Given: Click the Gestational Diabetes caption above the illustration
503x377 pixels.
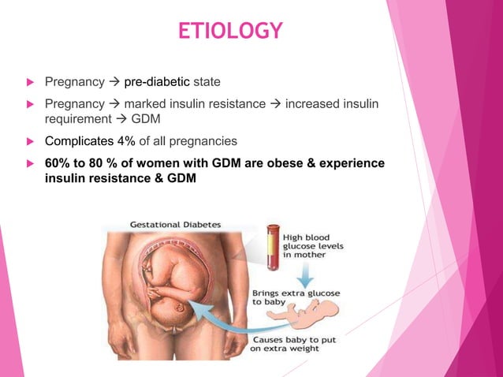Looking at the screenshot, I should point(175,223).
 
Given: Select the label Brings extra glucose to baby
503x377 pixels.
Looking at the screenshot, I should point(296,298).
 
